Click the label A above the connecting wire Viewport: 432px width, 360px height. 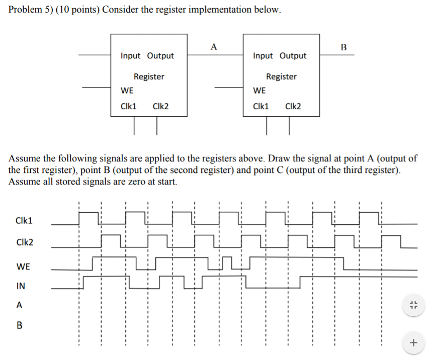(x=214, y=47)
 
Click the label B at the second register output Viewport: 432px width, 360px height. (x=343, y=47)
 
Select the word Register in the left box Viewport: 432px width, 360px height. (x=149, y=76)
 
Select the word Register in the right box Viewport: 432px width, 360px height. (x=281, y=76)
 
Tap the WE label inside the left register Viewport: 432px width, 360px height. (x=127, y=91)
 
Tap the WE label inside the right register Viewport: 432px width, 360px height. (x=260, y=91)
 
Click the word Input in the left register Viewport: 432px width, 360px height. (x=131, y=56)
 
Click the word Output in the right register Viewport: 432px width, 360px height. (x=293, y=56)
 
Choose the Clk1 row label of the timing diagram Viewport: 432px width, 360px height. (x=24, y=220)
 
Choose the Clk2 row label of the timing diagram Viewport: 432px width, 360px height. (x=25, y=242)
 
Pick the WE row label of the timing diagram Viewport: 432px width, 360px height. (x=23, y=265)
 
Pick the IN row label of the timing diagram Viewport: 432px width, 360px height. (x=21, y=286)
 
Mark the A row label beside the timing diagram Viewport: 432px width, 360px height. (x=19, y=305)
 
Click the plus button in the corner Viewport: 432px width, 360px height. (x=413, y=343)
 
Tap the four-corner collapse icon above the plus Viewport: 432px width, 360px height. (x=413, y=305)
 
